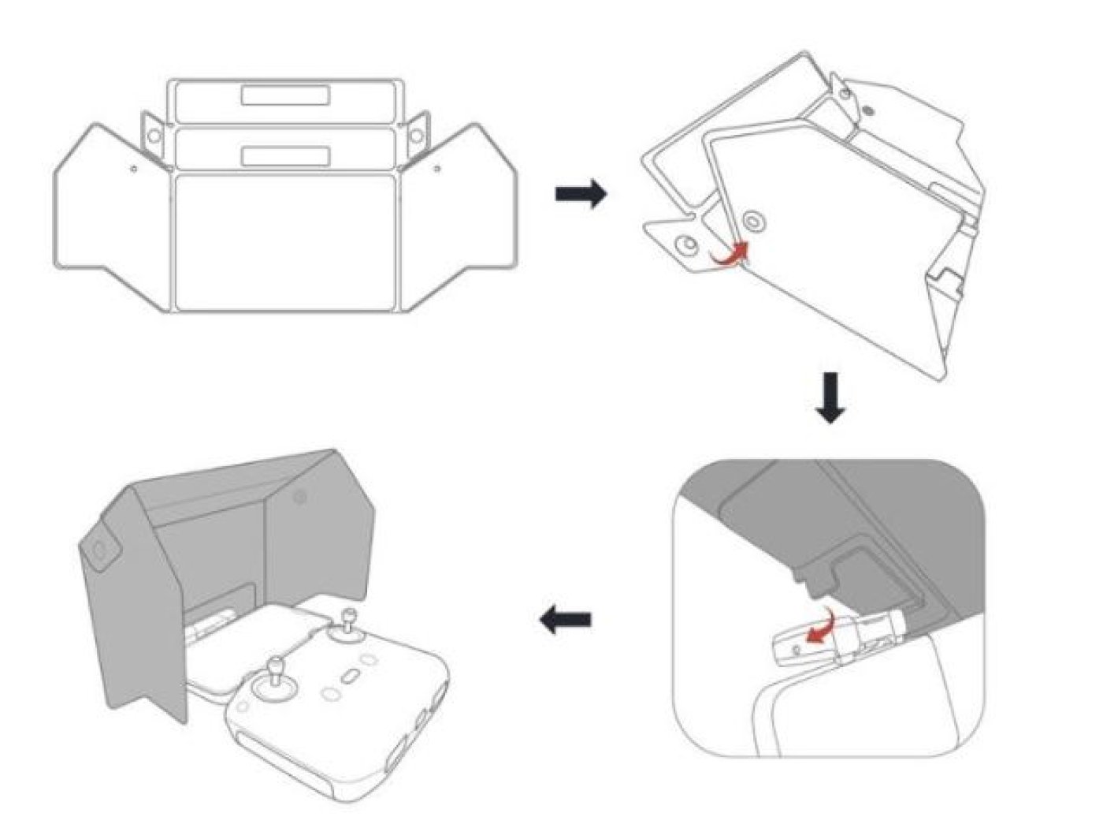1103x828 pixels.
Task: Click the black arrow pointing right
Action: click(x=581, y=193)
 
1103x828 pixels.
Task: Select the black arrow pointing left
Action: click(x=566, y=621)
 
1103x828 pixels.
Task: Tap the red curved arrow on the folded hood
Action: click(x=728, y=257)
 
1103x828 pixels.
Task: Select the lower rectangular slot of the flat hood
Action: click(x=286, y=155)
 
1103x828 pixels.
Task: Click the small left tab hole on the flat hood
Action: click(x=154, y=136)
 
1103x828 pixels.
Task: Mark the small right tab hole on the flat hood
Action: click(x=418, y=136)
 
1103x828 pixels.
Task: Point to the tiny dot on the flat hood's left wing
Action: click(x=134, y=168)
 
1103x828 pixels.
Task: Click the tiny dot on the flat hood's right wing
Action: click(x=438, y=168)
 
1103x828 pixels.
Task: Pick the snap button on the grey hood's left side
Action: click(x=100, y=550)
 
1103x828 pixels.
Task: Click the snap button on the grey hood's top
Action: click(x=299, y=497)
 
